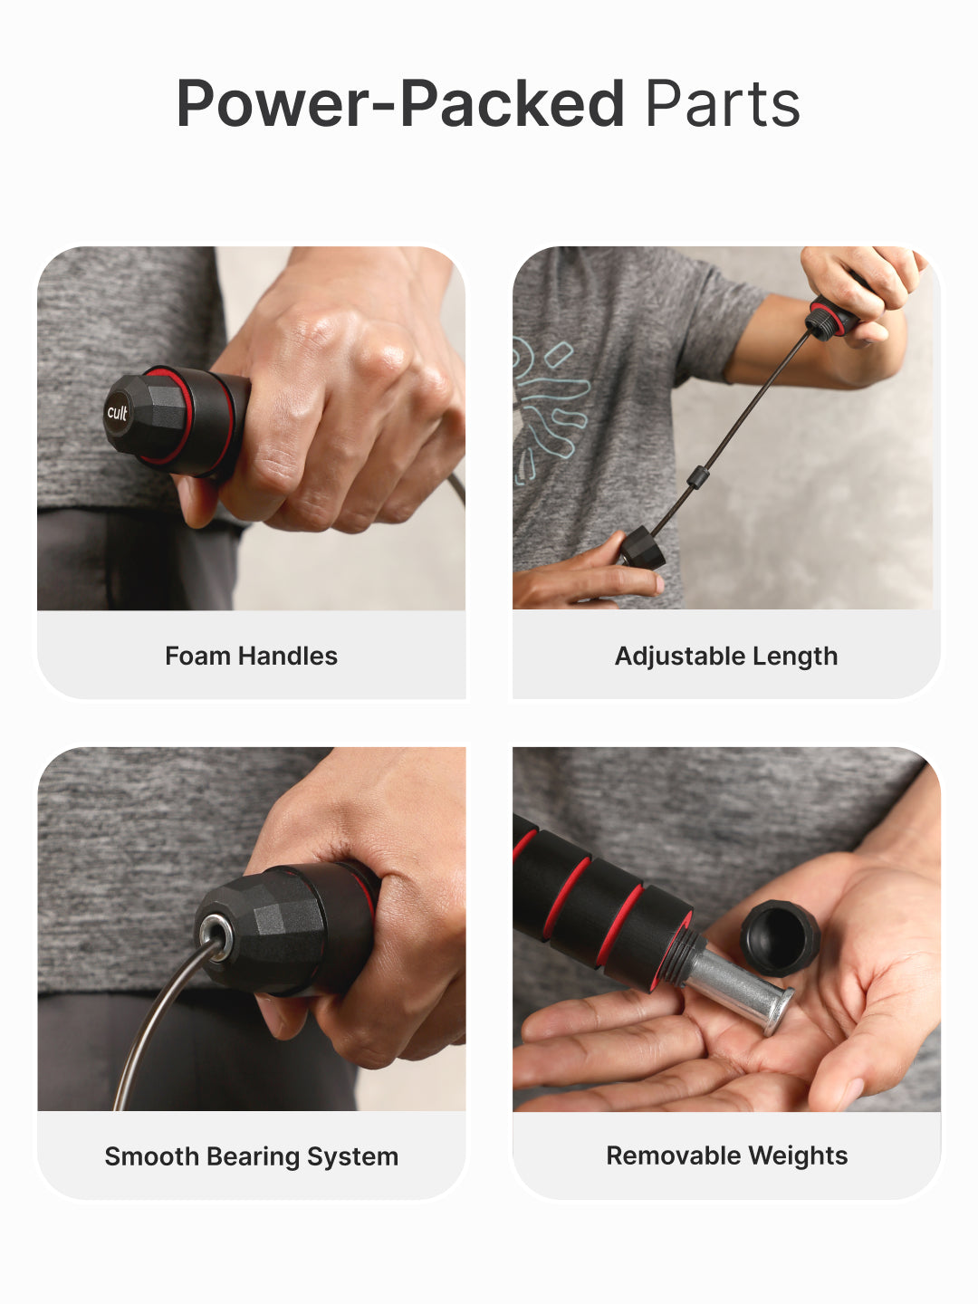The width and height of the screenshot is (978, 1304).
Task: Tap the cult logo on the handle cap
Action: (x=118, y=413)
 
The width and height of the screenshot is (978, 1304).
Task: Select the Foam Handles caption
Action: (x=251, y=656)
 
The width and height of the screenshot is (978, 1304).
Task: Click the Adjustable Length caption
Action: (x=726, y=656)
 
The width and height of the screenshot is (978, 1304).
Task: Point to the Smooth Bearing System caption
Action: (x=251, y=1156)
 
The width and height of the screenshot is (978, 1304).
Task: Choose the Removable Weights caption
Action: (x=726, y=1155)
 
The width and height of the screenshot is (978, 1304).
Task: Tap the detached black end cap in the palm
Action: (x=780, y=936)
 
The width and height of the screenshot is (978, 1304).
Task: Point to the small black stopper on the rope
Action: (x=695, y=477)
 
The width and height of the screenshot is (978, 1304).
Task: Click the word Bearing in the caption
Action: (x=254, y=1156)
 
